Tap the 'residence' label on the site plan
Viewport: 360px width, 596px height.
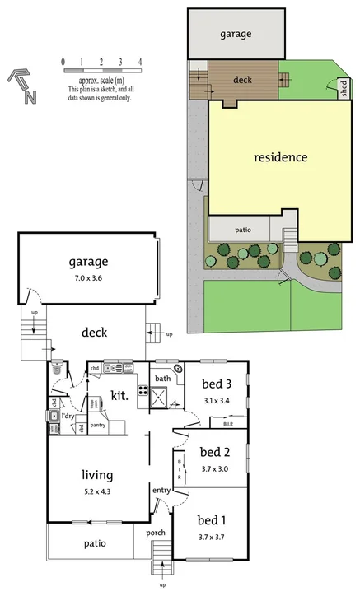click(280, 156)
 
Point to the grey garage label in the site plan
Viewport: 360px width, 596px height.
click(236, 35)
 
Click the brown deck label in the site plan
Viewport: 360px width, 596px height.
click(243, 81)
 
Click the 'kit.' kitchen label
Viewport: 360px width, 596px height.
click(120, 395)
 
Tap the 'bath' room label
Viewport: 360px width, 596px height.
click(162, 379)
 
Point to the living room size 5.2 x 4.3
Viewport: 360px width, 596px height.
click(96, 491)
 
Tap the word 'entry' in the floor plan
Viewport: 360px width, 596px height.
click(161, 491)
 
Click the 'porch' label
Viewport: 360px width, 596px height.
click(155, 533)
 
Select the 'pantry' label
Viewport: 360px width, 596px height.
click(98, 425)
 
